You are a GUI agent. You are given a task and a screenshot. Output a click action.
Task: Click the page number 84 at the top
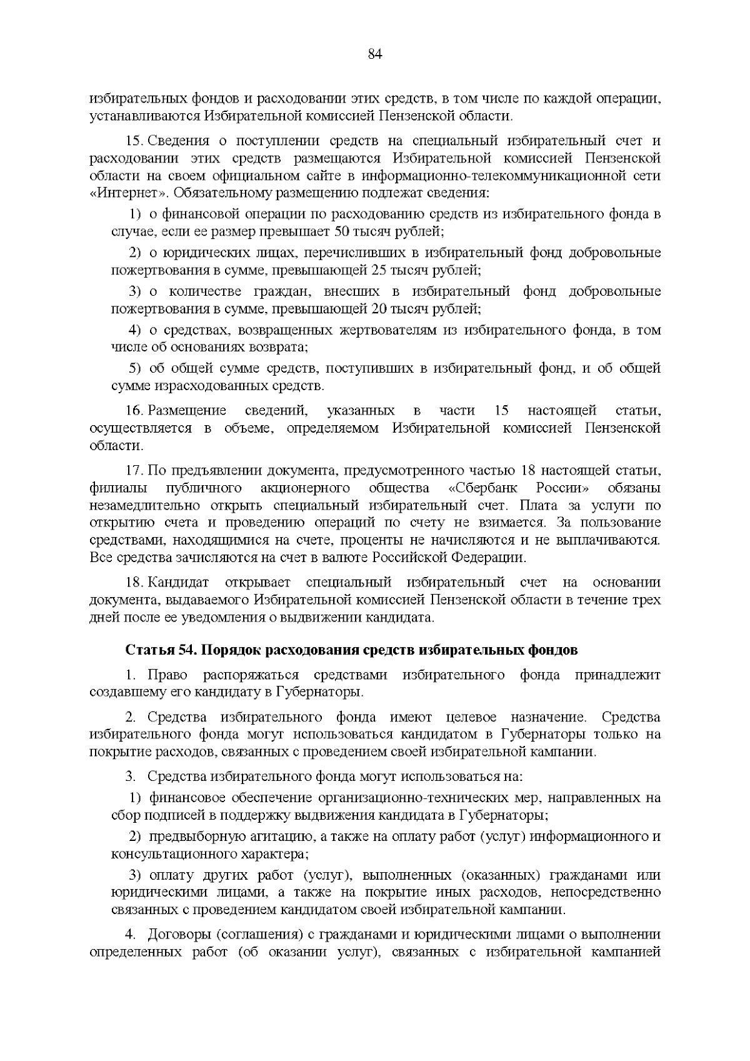(x=375, y=54)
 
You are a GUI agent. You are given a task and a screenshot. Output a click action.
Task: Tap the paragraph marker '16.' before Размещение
(x=135, y=411)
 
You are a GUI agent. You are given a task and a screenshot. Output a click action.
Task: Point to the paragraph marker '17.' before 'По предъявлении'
(x=135, y=470)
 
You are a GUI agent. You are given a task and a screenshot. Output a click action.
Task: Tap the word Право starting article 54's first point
(x=166, y=675)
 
